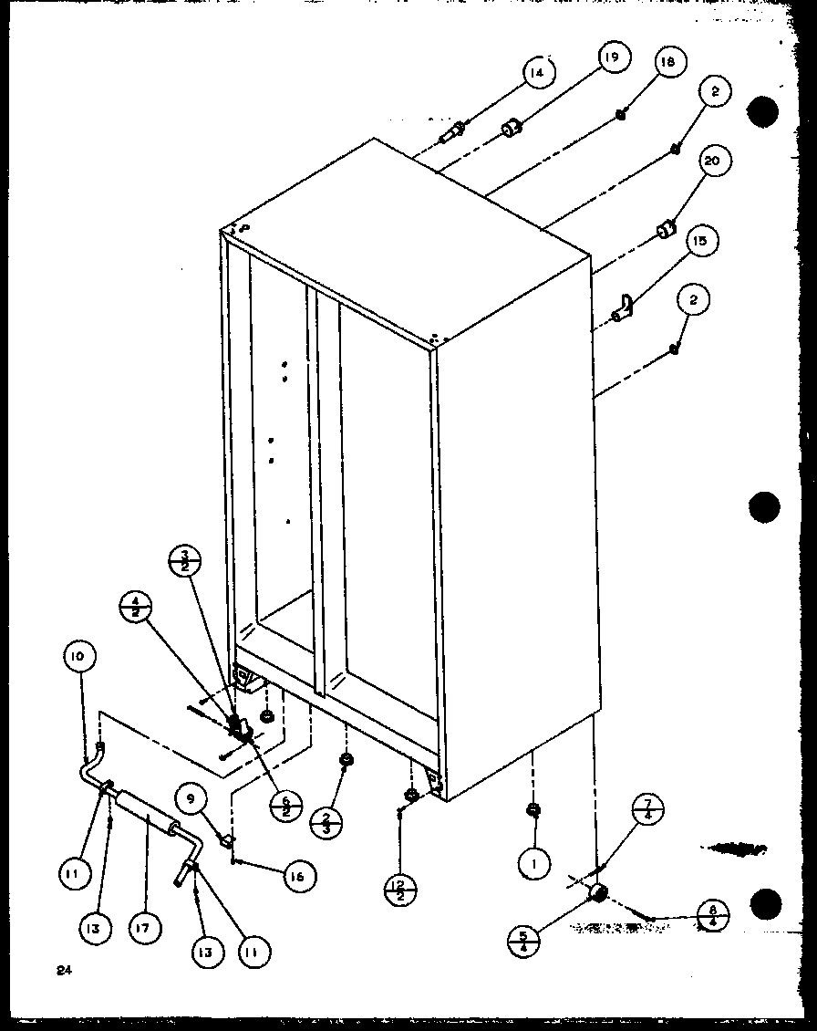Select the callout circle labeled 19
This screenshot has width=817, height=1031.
point(611,59)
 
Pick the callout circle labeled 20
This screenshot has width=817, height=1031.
point(712,162)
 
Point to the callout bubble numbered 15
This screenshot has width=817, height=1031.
point(699,242)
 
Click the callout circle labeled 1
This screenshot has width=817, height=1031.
point(534,859)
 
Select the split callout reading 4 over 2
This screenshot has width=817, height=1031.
point(136,608)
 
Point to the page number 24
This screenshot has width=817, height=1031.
point(62,971)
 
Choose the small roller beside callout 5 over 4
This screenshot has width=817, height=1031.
point(597,891)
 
